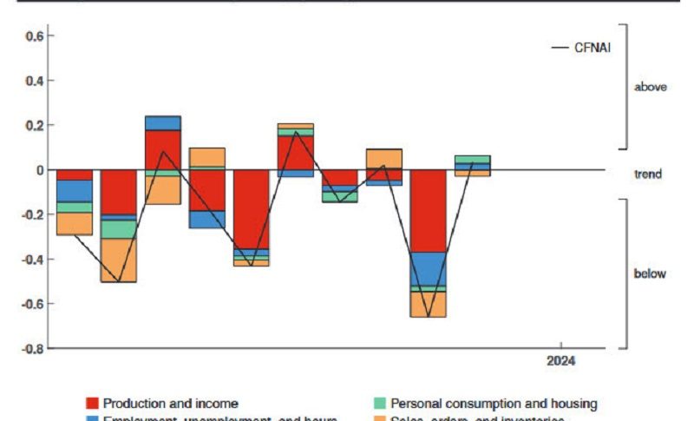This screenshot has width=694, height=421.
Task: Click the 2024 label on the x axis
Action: coord(560,360)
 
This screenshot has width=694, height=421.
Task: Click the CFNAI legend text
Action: coord(593,47)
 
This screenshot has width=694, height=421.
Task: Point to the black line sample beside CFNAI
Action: coord(560,47)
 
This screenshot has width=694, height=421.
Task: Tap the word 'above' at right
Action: coord(650,87)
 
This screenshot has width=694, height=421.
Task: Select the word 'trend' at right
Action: coord(647,174)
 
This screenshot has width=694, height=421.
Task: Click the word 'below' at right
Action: coord(650,274)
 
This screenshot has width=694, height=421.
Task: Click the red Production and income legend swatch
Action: coord(92,404)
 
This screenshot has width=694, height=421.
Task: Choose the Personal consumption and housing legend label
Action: coord(494,404)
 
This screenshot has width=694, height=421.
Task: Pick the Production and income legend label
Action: coord(170,404)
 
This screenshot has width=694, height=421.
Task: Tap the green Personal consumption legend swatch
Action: coord(379,404)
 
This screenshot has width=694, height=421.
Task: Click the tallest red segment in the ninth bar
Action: coord(429,211)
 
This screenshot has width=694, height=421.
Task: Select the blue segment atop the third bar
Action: coord(163,123)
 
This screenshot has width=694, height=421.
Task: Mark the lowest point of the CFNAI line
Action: coord(428,316)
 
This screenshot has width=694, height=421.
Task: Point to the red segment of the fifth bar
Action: coord(252,209)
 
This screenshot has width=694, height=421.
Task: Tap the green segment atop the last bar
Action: coord(473,160)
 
